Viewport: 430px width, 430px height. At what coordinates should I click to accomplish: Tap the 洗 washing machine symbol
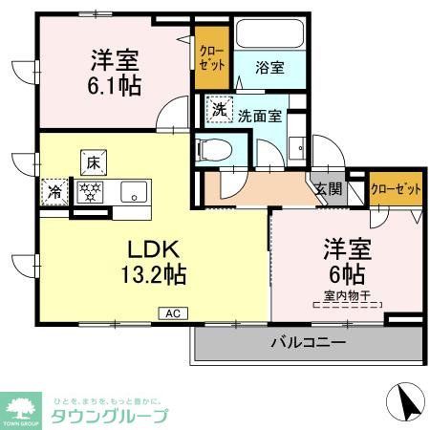[x=221, y=109]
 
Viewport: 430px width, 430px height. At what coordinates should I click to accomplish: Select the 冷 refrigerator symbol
[x=55, y=192]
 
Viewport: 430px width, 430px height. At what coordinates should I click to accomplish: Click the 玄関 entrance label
[x=328, y=188]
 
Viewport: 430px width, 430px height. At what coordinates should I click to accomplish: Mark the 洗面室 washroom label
[x=259, y=117]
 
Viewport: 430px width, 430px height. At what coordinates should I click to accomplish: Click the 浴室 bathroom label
[x=269, y=68]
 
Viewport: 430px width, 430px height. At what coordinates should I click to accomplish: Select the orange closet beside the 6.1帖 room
[x=211, y=61]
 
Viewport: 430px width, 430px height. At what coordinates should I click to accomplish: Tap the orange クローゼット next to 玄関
[x=395, y=188]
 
